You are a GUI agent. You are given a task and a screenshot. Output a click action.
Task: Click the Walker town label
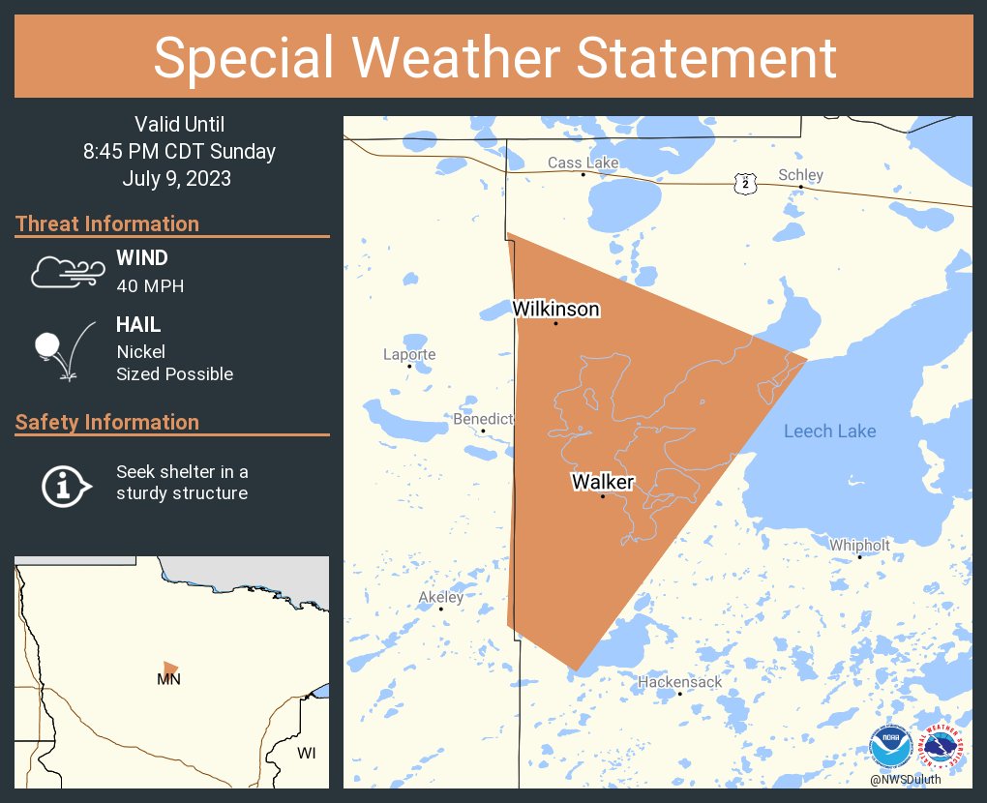pyautogui.click(x=602, y=482)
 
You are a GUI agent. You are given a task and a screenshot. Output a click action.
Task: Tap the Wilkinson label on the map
pyautogui.click(x=555, y=310)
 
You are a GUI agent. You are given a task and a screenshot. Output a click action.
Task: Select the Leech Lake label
pyautogui.click(x=829, y=431)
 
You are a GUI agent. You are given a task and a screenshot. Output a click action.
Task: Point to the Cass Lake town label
pyautogui.click(x=583, y=163)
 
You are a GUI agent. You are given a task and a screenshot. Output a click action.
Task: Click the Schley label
pyautogui.click(x=800, y=175)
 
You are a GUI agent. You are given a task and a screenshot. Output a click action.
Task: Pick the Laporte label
pyautogui.click(x=409, y=354)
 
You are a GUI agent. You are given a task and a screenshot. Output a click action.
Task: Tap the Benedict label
pyautogui.click(x=483, y=419)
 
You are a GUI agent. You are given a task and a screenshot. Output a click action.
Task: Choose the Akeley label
pyautogui.click(x=440, y=597)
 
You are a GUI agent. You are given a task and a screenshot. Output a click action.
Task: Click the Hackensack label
pyautogui.click(x=679, y=682)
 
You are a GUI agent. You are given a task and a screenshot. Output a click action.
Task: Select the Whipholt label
pyautogui.click(x=859, y=546)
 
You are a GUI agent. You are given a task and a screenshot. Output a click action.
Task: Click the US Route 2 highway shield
pyautogui.click(x=744, y=183)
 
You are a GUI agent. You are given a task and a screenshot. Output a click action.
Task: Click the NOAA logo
pyautogui.click(x=889, y=748)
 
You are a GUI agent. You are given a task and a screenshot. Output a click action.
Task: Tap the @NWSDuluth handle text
pyautogui.click(x=905, y=779)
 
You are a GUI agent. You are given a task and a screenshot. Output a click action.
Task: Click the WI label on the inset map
pyautogui.click(x=306, y=753)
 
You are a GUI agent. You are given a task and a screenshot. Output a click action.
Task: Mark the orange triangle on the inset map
pyautogui.click(x=170, y=668)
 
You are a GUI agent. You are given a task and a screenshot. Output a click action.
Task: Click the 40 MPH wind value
pyautogui.click(x=150, y=286)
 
